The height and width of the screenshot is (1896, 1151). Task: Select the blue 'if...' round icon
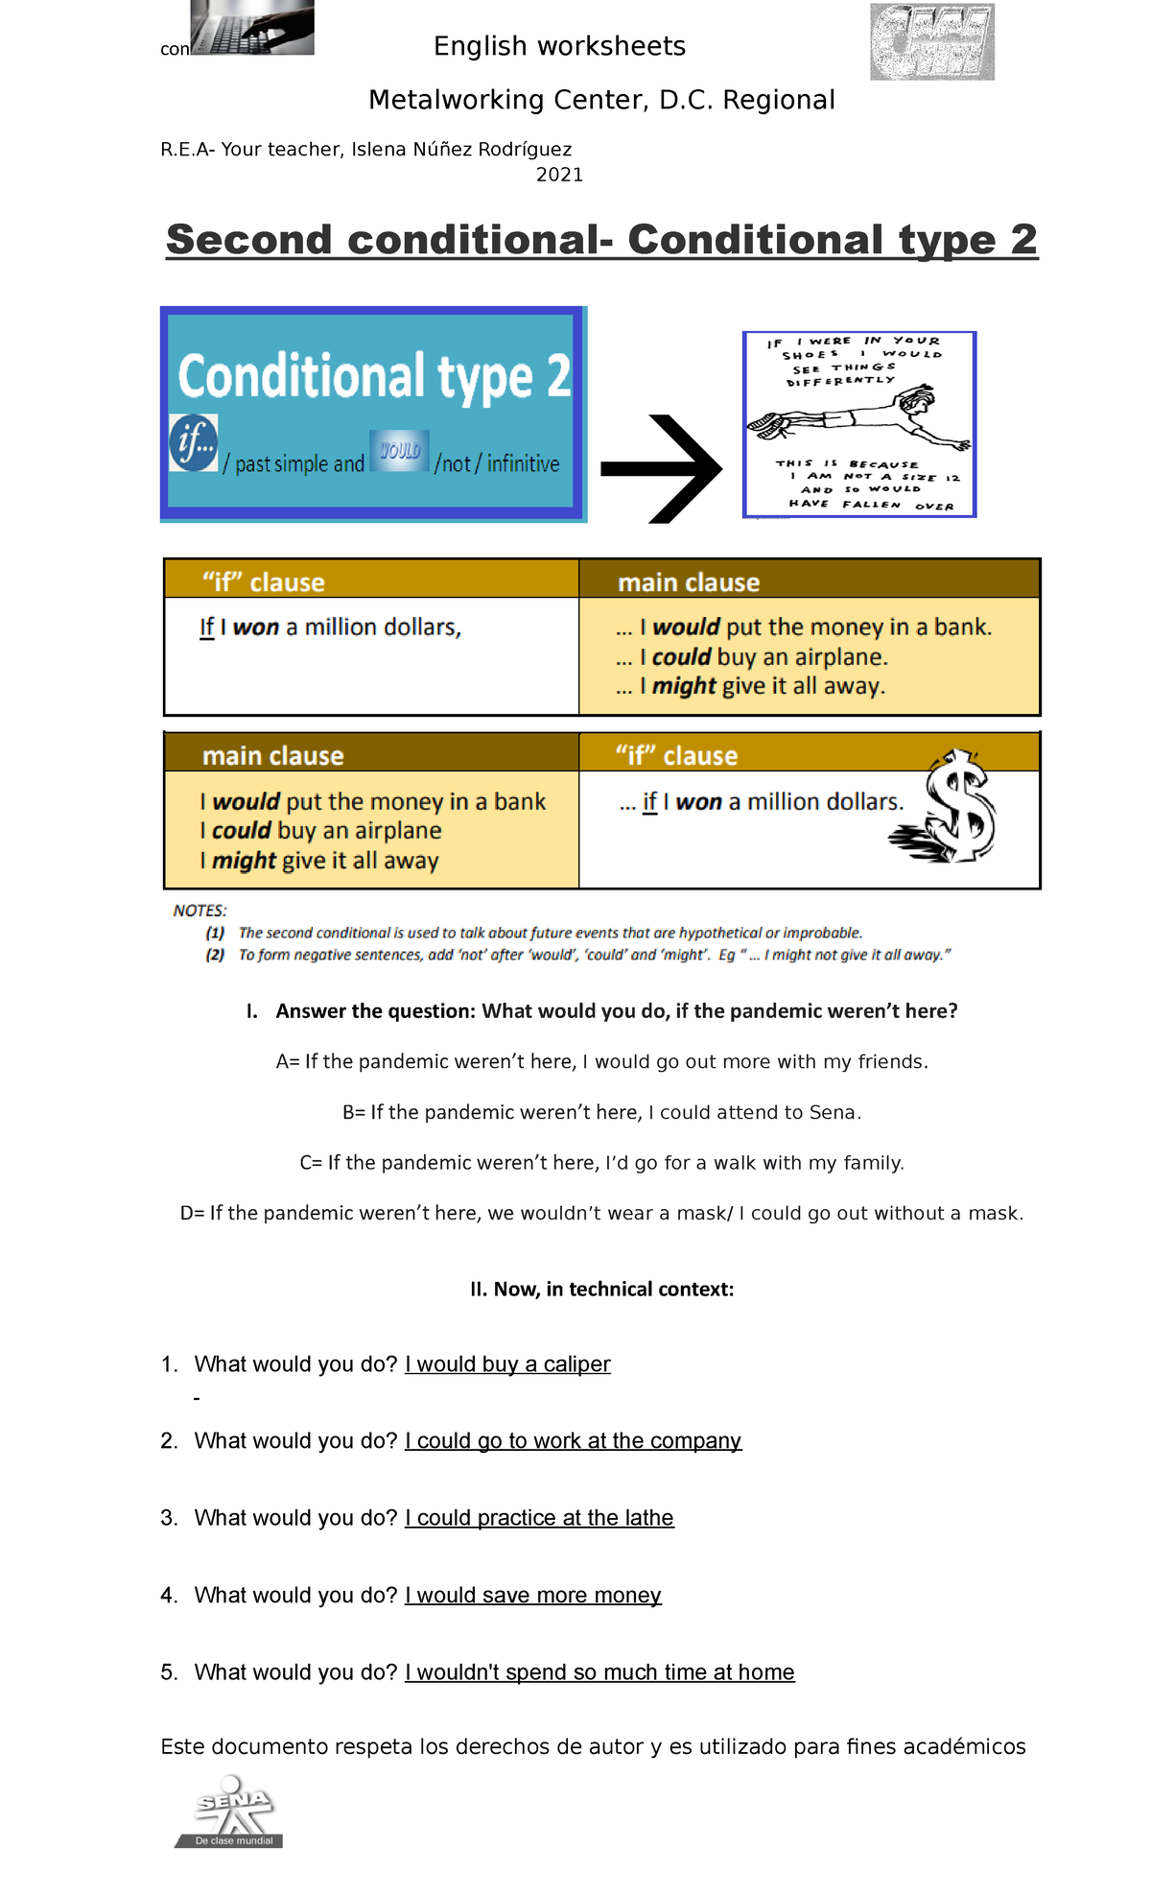pyautogui.click(x=194, y=442)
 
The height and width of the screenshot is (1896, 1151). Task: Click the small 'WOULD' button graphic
pyautogui.click(x=400, y=450)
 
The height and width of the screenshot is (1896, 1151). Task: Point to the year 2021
pyautogui.click(x=559, y=175)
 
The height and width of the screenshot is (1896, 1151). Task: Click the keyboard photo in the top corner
pyautogui.click(x=252, y=27)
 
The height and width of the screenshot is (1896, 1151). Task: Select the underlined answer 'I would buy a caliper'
pyautogui.click(x=507, y=1363)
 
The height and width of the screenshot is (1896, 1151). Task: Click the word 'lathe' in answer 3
pyautogui.click(x=649, y=1517)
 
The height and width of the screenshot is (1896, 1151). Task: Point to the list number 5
pyautogui.click(x=169, y=1671)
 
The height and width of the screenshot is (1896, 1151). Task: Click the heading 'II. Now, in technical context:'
pyautogui.click(x=601, y=1289)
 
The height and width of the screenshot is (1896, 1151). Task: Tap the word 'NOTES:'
pyautogui.click(x=200, y=911)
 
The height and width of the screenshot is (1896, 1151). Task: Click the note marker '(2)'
pyautogui.click(x=215, y=955)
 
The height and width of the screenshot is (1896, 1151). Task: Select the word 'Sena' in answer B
pyautogui.click(x=832, y=1112)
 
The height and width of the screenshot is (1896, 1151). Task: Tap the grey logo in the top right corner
pyautogui.click(x=932, y=42)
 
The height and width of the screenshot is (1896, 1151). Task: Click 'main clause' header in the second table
pyautogui.click(x=272, y=756)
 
